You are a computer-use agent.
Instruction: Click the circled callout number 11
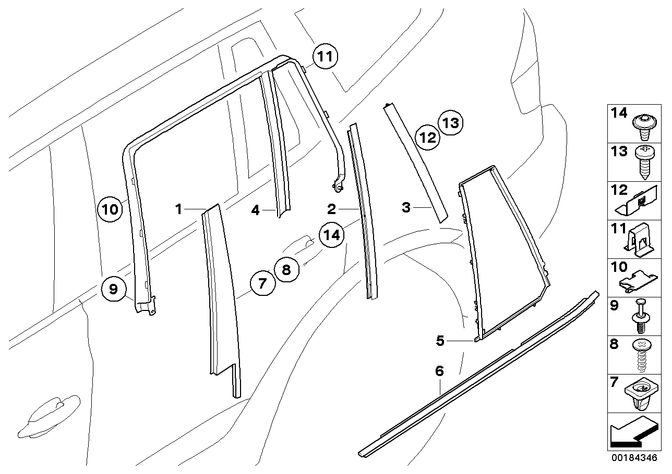tap(325, 57)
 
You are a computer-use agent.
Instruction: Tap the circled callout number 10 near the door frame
tap(110, 210)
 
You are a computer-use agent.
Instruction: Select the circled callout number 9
tap(114, 288)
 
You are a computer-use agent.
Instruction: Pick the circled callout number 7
tap(262, 283)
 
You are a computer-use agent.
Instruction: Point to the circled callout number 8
tap(286, 270)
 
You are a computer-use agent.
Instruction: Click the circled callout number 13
tap(450, 123)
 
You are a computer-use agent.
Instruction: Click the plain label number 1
tap(178, 209)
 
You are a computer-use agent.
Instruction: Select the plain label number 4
tap(255, 210)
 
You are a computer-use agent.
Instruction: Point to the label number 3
tap(406, 207)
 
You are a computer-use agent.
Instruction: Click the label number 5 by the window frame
tap(440, 341)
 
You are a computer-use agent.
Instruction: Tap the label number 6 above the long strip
tap(439, 371)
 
